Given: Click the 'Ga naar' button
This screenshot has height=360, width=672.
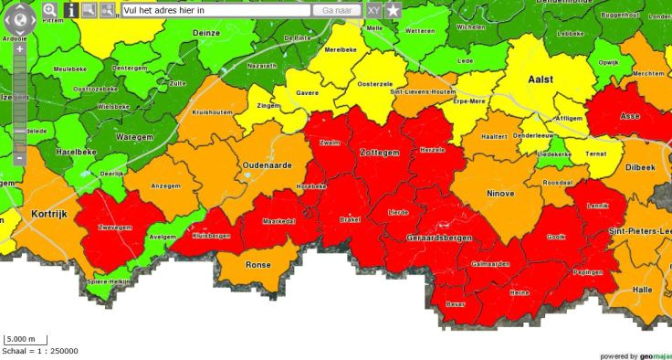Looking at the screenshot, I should [338, 10].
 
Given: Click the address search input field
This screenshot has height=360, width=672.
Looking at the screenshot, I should [215, 10].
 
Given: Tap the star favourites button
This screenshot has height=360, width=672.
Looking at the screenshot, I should [393, 10].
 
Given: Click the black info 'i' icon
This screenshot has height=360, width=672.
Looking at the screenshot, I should [71, 10].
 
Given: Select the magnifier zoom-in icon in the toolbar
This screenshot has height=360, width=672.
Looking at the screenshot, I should [49, 10].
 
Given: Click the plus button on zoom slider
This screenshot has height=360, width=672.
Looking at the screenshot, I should [19, 49].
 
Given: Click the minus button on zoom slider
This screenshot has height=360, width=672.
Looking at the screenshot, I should [19, 159].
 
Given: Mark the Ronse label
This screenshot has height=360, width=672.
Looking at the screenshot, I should [259, 265].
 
